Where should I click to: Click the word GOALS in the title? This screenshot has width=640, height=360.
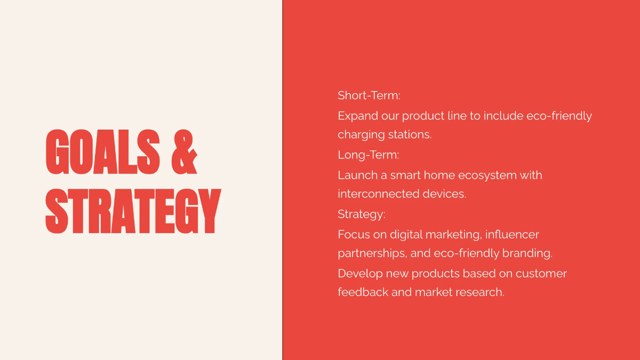click(103, 153)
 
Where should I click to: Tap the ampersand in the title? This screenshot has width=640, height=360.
click(185, 153)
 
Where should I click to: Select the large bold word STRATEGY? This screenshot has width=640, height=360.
click(133, 211)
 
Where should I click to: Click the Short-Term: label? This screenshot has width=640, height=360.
click(369, 96)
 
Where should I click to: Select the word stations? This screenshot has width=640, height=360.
click(410, 135)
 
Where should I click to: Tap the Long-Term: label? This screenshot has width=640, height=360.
click(369, 155)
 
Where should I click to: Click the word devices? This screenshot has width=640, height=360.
click(444, 194)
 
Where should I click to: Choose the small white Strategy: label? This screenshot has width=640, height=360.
click(362, 214)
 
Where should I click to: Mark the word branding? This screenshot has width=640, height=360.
click(528, 253)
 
